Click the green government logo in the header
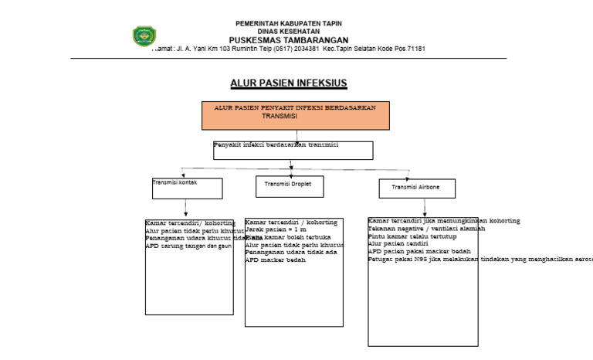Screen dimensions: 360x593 (x=144, y=36)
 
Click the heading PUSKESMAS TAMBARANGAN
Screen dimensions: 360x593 (x=288, y=39)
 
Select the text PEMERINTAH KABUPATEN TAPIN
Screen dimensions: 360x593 (x=288, y=23)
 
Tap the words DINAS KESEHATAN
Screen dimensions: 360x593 (x=288, y=31)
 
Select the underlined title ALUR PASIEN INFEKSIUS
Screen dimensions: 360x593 (x=289, y=82)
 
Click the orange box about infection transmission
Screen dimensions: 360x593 (x=296, y=115)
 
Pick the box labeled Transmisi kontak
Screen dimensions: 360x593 (x=187, y=188)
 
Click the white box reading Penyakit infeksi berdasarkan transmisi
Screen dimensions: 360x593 (x=293, y=150)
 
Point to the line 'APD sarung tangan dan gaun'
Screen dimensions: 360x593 (x=189, y=246)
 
